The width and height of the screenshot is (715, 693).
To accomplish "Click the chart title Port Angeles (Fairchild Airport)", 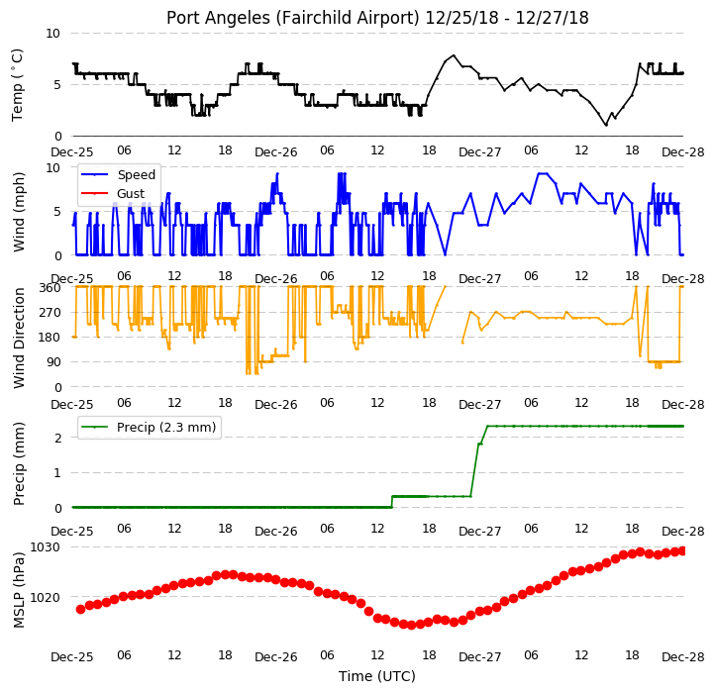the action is point(293,18).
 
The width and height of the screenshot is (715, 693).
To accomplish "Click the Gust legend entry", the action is point(113,194).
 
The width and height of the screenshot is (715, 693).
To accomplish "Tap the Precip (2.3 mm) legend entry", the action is point(149,428).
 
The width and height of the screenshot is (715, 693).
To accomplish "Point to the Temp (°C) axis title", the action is point(17,85).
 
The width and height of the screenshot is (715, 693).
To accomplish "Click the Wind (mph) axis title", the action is point(18,212).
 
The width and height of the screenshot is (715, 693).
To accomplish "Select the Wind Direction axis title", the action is point(18,338).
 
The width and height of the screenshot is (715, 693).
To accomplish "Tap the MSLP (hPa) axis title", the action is point(18,590).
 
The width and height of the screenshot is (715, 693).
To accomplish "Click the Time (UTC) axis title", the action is point(376,676).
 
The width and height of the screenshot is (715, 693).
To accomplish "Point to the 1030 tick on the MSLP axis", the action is point(45,546).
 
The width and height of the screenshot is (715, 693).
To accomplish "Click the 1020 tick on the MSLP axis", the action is point(45,597).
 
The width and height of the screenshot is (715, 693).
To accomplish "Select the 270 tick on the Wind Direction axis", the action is point(51,313).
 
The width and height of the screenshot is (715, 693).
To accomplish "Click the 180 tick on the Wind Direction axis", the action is point(51,338).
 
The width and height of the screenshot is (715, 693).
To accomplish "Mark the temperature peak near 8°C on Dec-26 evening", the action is point(454,55).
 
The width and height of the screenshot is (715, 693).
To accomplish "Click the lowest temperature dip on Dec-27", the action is point(606,125).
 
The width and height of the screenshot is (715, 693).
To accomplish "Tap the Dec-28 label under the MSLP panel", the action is point(682,657).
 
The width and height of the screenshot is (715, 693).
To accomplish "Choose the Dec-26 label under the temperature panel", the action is point(276,152).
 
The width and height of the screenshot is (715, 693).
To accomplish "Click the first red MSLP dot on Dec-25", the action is point(81,609).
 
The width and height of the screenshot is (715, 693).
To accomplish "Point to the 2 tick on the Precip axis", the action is point(57,439).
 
